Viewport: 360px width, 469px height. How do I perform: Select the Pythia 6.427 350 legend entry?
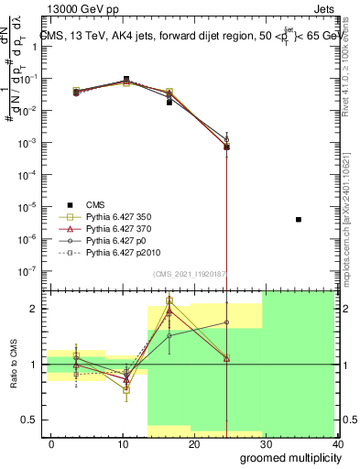coord(115,217)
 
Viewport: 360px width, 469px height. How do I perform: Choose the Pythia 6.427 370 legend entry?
coord(115,229)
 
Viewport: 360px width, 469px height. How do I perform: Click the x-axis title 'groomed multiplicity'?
coord(287,457)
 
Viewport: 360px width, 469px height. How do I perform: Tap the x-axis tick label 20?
coord(194,444)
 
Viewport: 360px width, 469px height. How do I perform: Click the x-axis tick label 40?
coord(337,444)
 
